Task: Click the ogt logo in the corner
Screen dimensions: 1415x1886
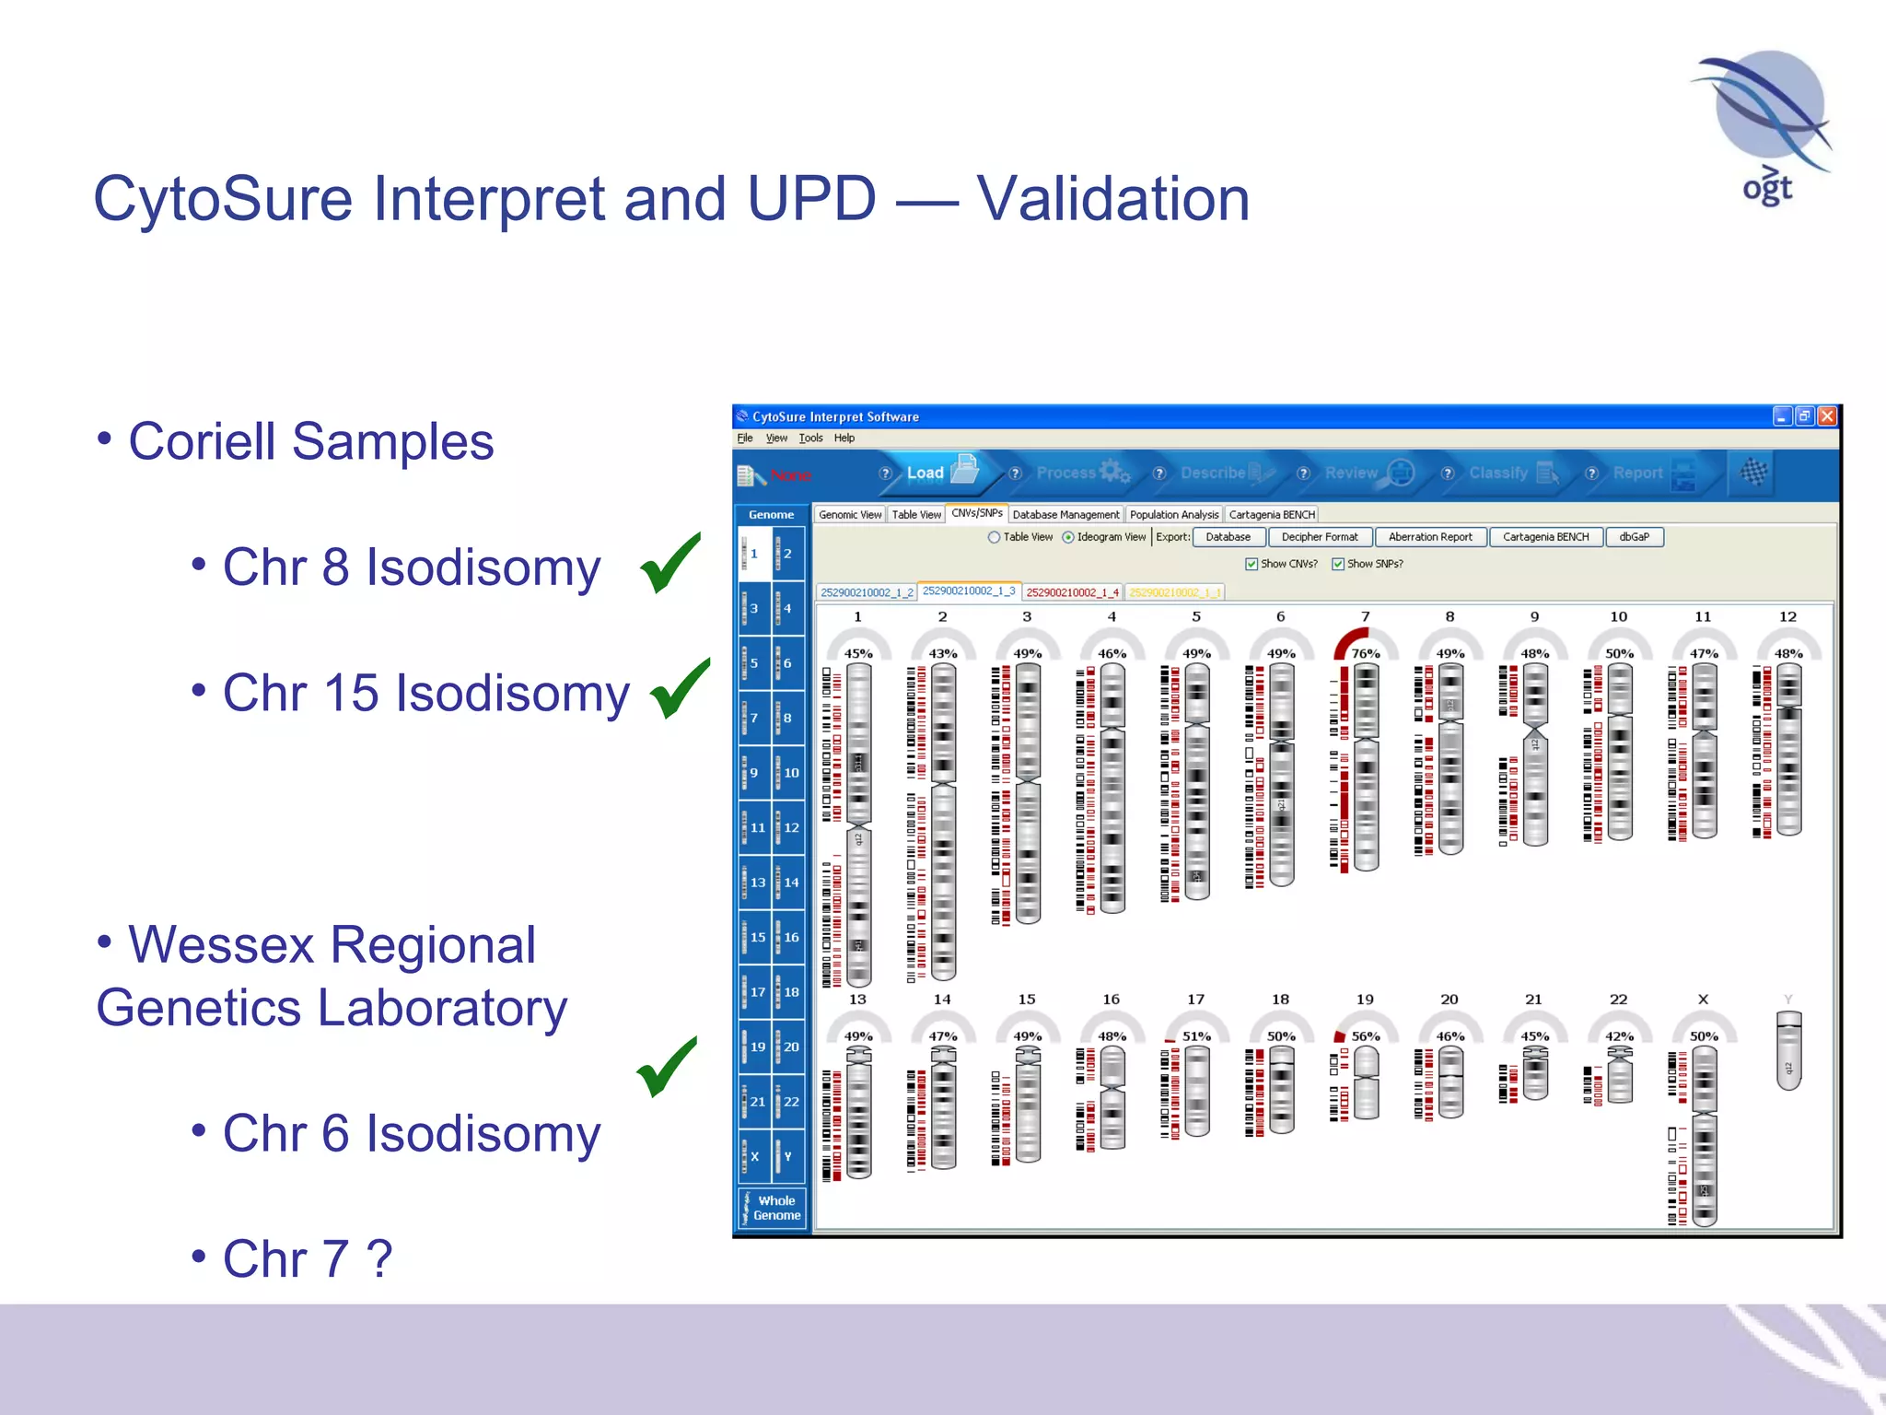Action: [1764, 129]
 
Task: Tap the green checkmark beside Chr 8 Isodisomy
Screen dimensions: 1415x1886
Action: [669, 563]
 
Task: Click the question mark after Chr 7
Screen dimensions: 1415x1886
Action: [379, 1258]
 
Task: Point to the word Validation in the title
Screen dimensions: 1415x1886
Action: [1112, 199]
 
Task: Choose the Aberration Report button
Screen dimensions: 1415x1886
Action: [1429, 537]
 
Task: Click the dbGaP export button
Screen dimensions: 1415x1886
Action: [1634, 537]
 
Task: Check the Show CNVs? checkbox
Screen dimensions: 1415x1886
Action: [1252, 564]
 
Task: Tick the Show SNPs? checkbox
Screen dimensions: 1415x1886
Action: [1338, 564]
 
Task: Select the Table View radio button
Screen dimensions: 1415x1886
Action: [995, 537]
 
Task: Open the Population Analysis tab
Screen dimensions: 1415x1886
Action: [1173, 515]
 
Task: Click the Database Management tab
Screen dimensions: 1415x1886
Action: [1065, 515]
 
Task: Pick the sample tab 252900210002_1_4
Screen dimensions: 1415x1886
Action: [1072, 592]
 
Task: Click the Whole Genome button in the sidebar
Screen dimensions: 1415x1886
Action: [773, 1208]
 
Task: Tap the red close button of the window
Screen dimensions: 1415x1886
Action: [1827, 416]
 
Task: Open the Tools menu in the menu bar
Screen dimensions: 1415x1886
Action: [810, 439]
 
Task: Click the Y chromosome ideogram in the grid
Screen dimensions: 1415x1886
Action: [1787, 1050]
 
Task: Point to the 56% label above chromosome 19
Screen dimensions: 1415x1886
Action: [1365, 1036]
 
